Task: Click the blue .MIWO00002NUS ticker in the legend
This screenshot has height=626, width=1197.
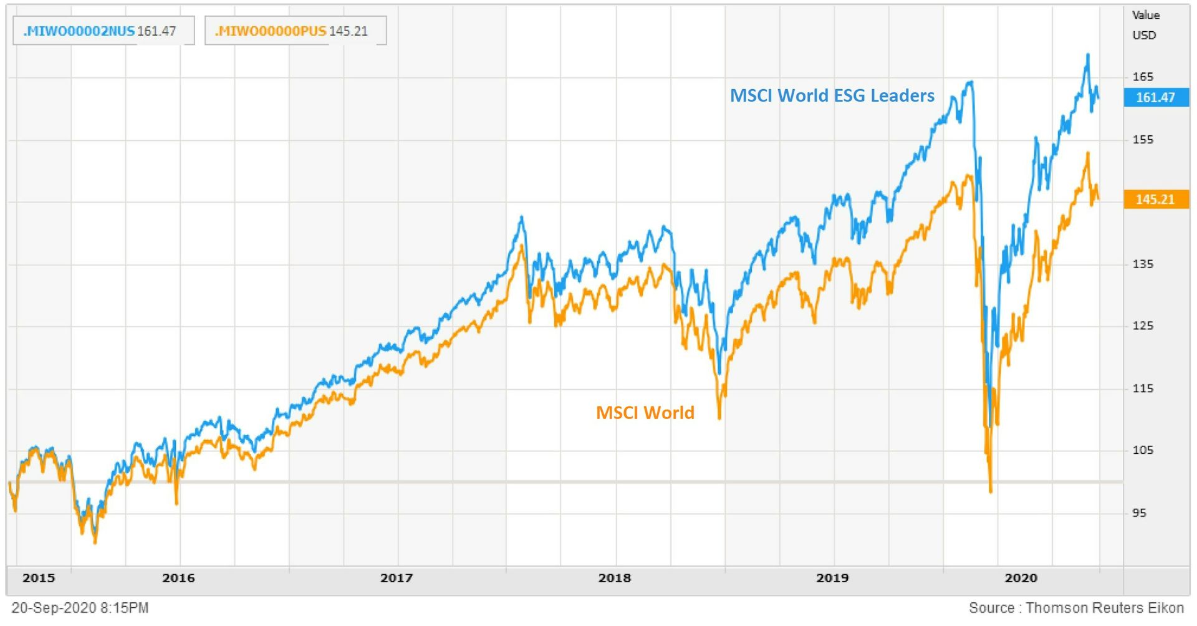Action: pyautogui.click(x=79, y=31)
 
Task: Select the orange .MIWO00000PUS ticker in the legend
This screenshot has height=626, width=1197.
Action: pyautogui.click(x=271, y=31)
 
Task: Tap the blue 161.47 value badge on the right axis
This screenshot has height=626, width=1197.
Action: pyautogui.click(x=1155, y=97)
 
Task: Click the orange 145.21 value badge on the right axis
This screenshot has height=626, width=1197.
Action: pyautogui.click(x=1155, y=200)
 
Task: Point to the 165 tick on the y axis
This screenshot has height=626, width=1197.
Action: pyautogui.click(x=1143, y=77)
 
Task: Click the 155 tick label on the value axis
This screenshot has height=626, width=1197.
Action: pyautogui.click(x=1143, y=139)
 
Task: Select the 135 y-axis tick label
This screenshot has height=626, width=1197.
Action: pyautogui.click(x=1143, y=264)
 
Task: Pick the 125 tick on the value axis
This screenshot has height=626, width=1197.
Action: pyautogui.click(x=1143, y=325)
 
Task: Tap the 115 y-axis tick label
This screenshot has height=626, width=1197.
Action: pyautogui.click(x=1143, y=388)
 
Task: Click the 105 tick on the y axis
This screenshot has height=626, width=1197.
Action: pyautogui.click(x=1143, y=450)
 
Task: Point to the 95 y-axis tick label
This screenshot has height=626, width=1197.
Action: pyautogui.click(x=1139, y=513)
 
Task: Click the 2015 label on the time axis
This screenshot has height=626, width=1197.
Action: pyautogui.click(x=39, y=578)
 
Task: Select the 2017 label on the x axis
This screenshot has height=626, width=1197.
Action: pyautogui.click(x=397, y=578)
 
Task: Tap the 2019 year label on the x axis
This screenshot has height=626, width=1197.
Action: pyautogui.click(x=832, y=578)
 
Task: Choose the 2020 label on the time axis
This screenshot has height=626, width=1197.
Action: pyautogui.click(x=1021, y=578)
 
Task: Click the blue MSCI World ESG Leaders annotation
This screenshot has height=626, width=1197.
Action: pyautogui.click(x=832, y=95)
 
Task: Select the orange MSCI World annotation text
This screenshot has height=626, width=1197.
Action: pyautogui.click(x=645, y=413)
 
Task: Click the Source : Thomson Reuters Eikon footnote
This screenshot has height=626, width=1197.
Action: pyautogui.click(x=1076, y=608)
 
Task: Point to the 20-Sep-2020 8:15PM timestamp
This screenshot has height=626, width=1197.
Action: pyautogui.click(x=80, y=608)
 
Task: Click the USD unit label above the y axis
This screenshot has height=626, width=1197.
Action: pyautogui.click(x=1144, y=36)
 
